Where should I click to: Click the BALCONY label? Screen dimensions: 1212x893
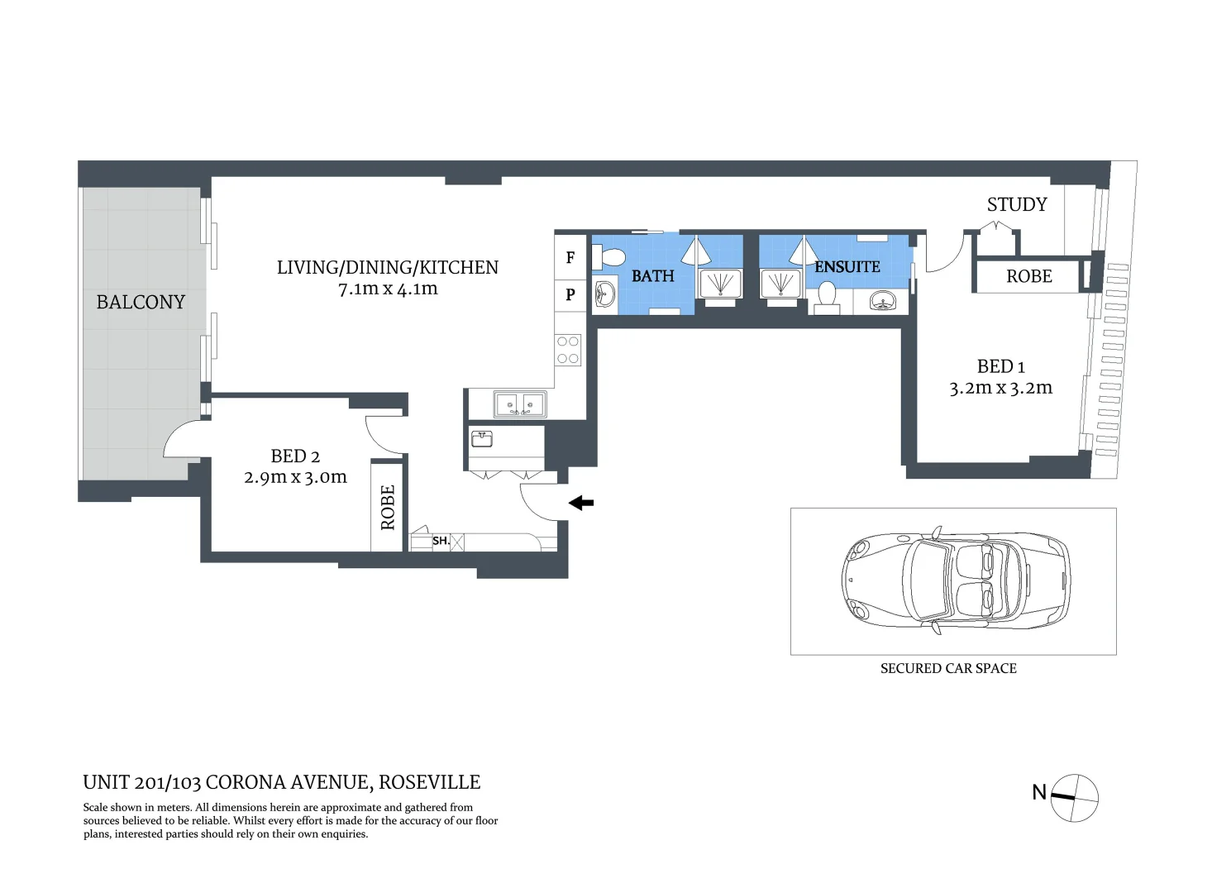tap(141, 302)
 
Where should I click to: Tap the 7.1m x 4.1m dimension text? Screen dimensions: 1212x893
tap(388, 289)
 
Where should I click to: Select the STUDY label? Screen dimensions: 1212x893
tap(1017, 204)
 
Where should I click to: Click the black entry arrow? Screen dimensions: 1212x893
tap(581, 503)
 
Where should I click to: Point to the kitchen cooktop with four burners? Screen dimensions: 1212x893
tap(568, 350)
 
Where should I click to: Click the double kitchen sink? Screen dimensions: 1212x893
tap(520, 404)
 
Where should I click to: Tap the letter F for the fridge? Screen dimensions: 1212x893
tap(570, 258)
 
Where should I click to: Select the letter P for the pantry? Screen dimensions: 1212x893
tap(570, 294)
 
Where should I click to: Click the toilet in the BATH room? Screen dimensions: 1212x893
tap(608, 257)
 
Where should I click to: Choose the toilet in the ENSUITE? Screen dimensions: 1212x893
tap(827, 298)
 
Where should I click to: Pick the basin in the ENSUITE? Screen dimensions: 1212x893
tap(882, 300)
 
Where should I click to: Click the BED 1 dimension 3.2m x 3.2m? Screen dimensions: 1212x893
tap(1001, 388)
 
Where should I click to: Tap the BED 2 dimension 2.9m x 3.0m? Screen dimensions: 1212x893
tap(295, 477)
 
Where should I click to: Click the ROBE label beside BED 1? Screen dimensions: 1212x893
tap(1029, 276)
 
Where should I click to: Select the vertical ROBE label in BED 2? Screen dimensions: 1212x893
tap(388, 508)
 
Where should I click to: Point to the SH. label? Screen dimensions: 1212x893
tap(441, 541)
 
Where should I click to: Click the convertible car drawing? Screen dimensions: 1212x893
tap(956, 580)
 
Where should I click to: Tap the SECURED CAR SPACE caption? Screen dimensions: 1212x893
tap(948, 668)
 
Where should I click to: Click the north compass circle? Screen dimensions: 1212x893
tap(1075, 798)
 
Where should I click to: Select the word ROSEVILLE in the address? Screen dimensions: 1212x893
tap(430, 782)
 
